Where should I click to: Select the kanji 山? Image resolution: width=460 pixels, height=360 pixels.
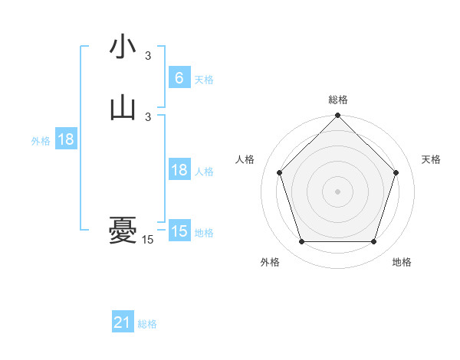coord(123,108)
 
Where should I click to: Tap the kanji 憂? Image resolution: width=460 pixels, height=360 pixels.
coord(123,231)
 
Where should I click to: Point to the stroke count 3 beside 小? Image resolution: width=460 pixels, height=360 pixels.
coord(148,55)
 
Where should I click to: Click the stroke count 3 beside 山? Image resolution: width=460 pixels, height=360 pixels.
coord(148,116)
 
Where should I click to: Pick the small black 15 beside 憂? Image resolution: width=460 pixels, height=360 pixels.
coord(148,240)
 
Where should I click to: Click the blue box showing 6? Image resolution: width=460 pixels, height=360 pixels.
coord(179,78)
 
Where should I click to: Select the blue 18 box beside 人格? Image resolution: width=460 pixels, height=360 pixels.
coord(179,170)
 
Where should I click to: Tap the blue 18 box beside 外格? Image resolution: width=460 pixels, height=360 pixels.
coord(66,139)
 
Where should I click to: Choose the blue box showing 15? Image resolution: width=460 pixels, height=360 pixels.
coord(179,231)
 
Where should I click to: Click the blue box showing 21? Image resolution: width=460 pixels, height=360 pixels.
coord(123,322)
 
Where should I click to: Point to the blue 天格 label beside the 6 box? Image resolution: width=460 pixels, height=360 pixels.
coord(204,80)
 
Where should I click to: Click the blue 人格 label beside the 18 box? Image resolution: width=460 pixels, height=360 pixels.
coord(204,172)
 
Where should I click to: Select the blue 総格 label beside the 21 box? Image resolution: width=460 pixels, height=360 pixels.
coord(147,324)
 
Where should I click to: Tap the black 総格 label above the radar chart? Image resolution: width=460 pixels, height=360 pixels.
coord(338,100)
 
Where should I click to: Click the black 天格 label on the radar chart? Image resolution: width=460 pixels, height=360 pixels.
coord(432,159)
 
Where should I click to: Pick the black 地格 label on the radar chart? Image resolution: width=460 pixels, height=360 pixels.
coord(402,262)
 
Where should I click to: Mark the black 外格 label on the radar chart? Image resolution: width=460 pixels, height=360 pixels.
coord(270,262)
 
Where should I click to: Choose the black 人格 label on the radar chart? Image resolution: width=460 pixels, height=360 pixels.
coord(245,159)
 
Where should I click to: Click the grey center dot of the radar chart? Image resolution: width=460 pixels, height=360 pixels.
coord(337,191)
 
